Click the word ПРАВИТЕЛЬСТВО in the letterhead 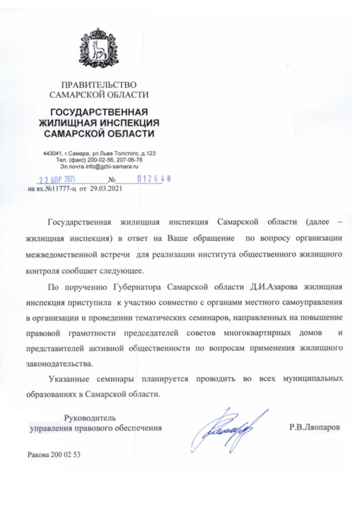pyautogui.click(x=99, y=85)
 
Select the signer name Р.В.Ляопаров pyautogui.click(x=314, y=428)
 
